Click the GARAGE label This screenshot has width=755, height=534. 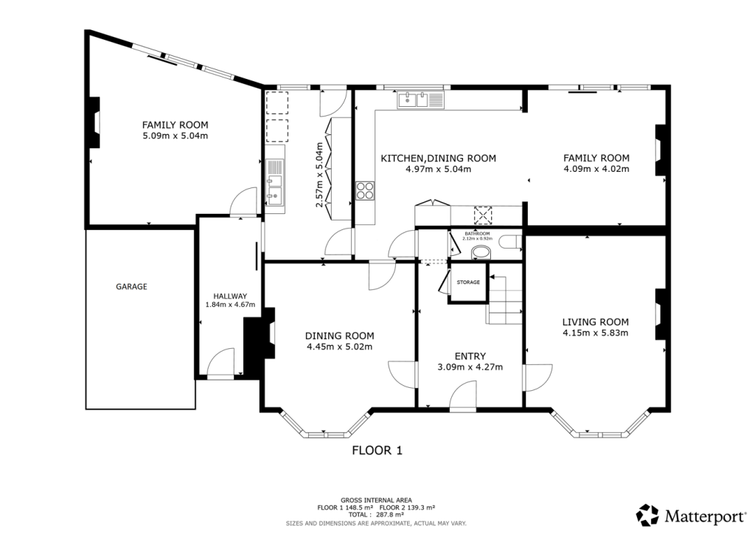(x=131, y=286)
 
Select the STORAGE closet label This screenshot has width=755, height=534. (x=468, y=282)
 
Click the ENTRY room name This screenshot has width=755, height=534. (x=470, y=356)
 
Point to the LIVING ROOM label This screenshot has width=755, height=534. (x=595, y=322)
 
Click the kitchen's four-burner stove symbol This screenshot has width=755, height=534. (x=365, y=191)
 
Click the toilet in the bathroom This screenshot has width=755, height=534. (x=509, y=241)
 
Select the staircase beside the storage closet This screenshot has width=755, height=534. (x=504, y=299)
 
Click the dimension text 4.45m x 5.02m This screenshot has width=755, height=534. (x=339, y=347)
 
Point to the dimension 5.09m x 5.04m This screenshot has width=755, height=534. (x=175, y=136)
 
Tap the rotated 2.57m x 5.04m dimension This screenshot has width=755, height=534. (x=319, y=175)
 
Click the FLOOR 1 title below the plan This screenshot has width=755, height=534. (x=377, y=450)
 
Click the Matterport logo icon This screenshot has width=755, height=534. (x=648, y=514)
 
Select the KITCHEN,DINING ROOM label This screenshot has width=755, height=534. (x=438, y=158)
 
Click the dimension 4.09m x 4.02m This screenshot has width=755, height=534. (x=596, y=169)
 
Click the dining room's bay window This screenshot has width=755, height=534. (x=324, y=429)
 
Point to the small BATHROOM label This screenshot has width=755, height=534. (x=477, y=234)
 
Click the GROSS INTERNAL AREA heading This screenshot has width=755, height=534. (x=376, y=500)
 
